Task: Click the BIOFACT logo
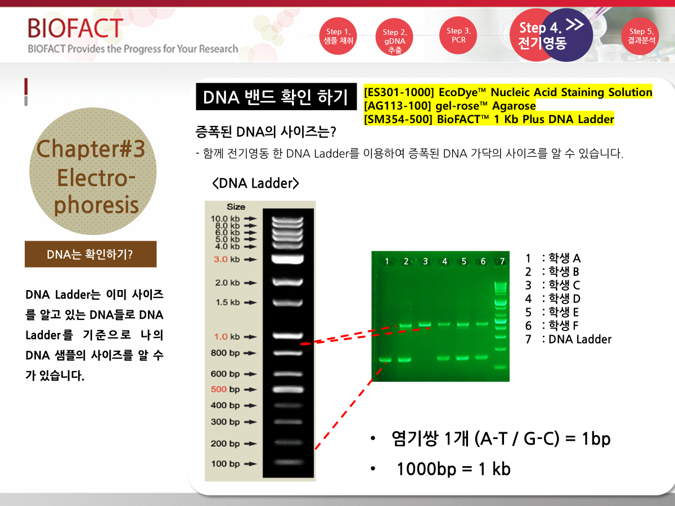point(75,28)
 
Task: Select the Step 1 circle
point(338,36)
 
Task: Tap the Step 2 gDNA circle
point(394,37)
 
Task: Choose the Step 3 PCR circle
point(458,35)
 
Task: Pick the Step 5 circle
point(641,36)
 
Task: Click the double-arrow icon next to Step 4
point(574,25)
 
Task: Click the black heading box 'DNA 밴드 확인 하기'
point(276,97)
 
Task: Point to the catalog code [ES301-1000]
point(399,92)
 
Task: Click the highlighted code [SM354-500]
point(398,119)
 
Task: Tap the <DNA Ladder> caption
point(255,183)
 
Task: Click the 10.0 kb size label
point(225,219)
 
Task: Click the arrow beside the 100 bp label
point(250,464)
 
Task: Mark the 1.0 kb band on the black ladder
point(288,336)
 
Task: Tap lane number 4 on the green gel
point(444,261)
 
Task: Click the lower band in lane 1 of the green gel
point(385,360)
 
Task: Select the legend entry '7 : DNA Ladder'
point(568,339)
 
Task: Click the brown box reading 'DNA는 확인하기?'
point(91,254)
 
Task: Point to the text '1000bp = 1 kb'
point(453,469)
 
